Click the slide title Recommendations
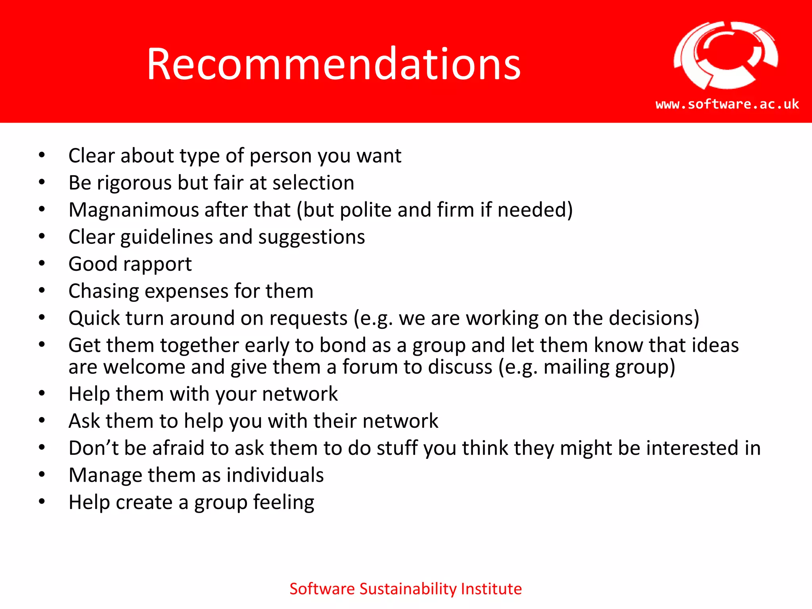point(333,64)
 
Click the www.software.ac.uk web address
point(727,104)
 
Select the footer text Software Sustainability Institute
point(405,589)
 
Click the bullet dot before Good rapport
point(42,264)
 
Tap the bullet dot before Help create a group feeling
point(42,502)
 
